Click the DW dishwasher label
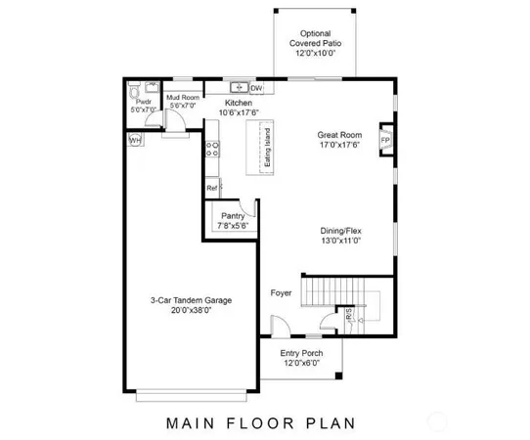click(x=256, y=88)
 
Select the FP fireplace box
click(x=386, y=140)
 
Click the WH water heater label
click(x=134, y=141)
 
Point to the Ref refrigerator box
click(x=211, y=188)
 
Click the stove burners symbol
click(x=211, y=150)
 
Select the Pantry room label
click(x=233, y=215)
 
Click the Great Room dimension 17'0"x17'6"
click(x=339, y=145)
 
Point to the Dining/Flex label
click(x=341, y=232)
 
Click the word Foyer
click(x=282, y=292)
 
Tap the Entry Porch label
click(x=301, y=353)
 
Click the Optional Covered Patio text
click(x=314, y=38)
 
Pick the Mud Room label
click(x=183, y=97)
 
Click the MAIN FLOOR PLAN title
click(x=261, y=423)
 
